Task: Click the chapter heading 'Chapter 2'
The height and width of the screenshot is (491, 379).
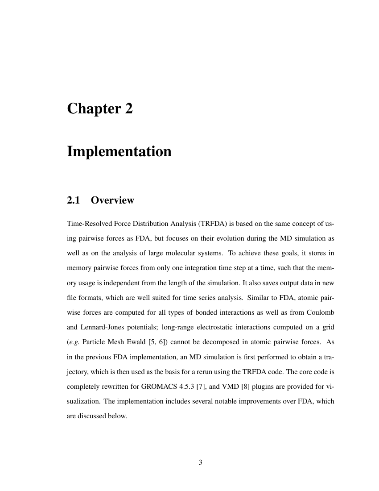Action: pos(100,108)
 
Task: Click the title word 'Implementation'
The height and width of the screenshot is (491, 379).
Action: pos(119,151)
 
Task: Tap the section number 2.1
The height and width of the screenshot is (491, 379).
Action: pos(73,200)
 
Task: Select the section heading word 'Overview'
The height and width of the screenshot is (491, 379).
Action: pos(112,200)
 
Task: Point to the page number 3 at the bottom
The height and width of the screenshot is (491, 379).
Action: pos(200,462)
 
